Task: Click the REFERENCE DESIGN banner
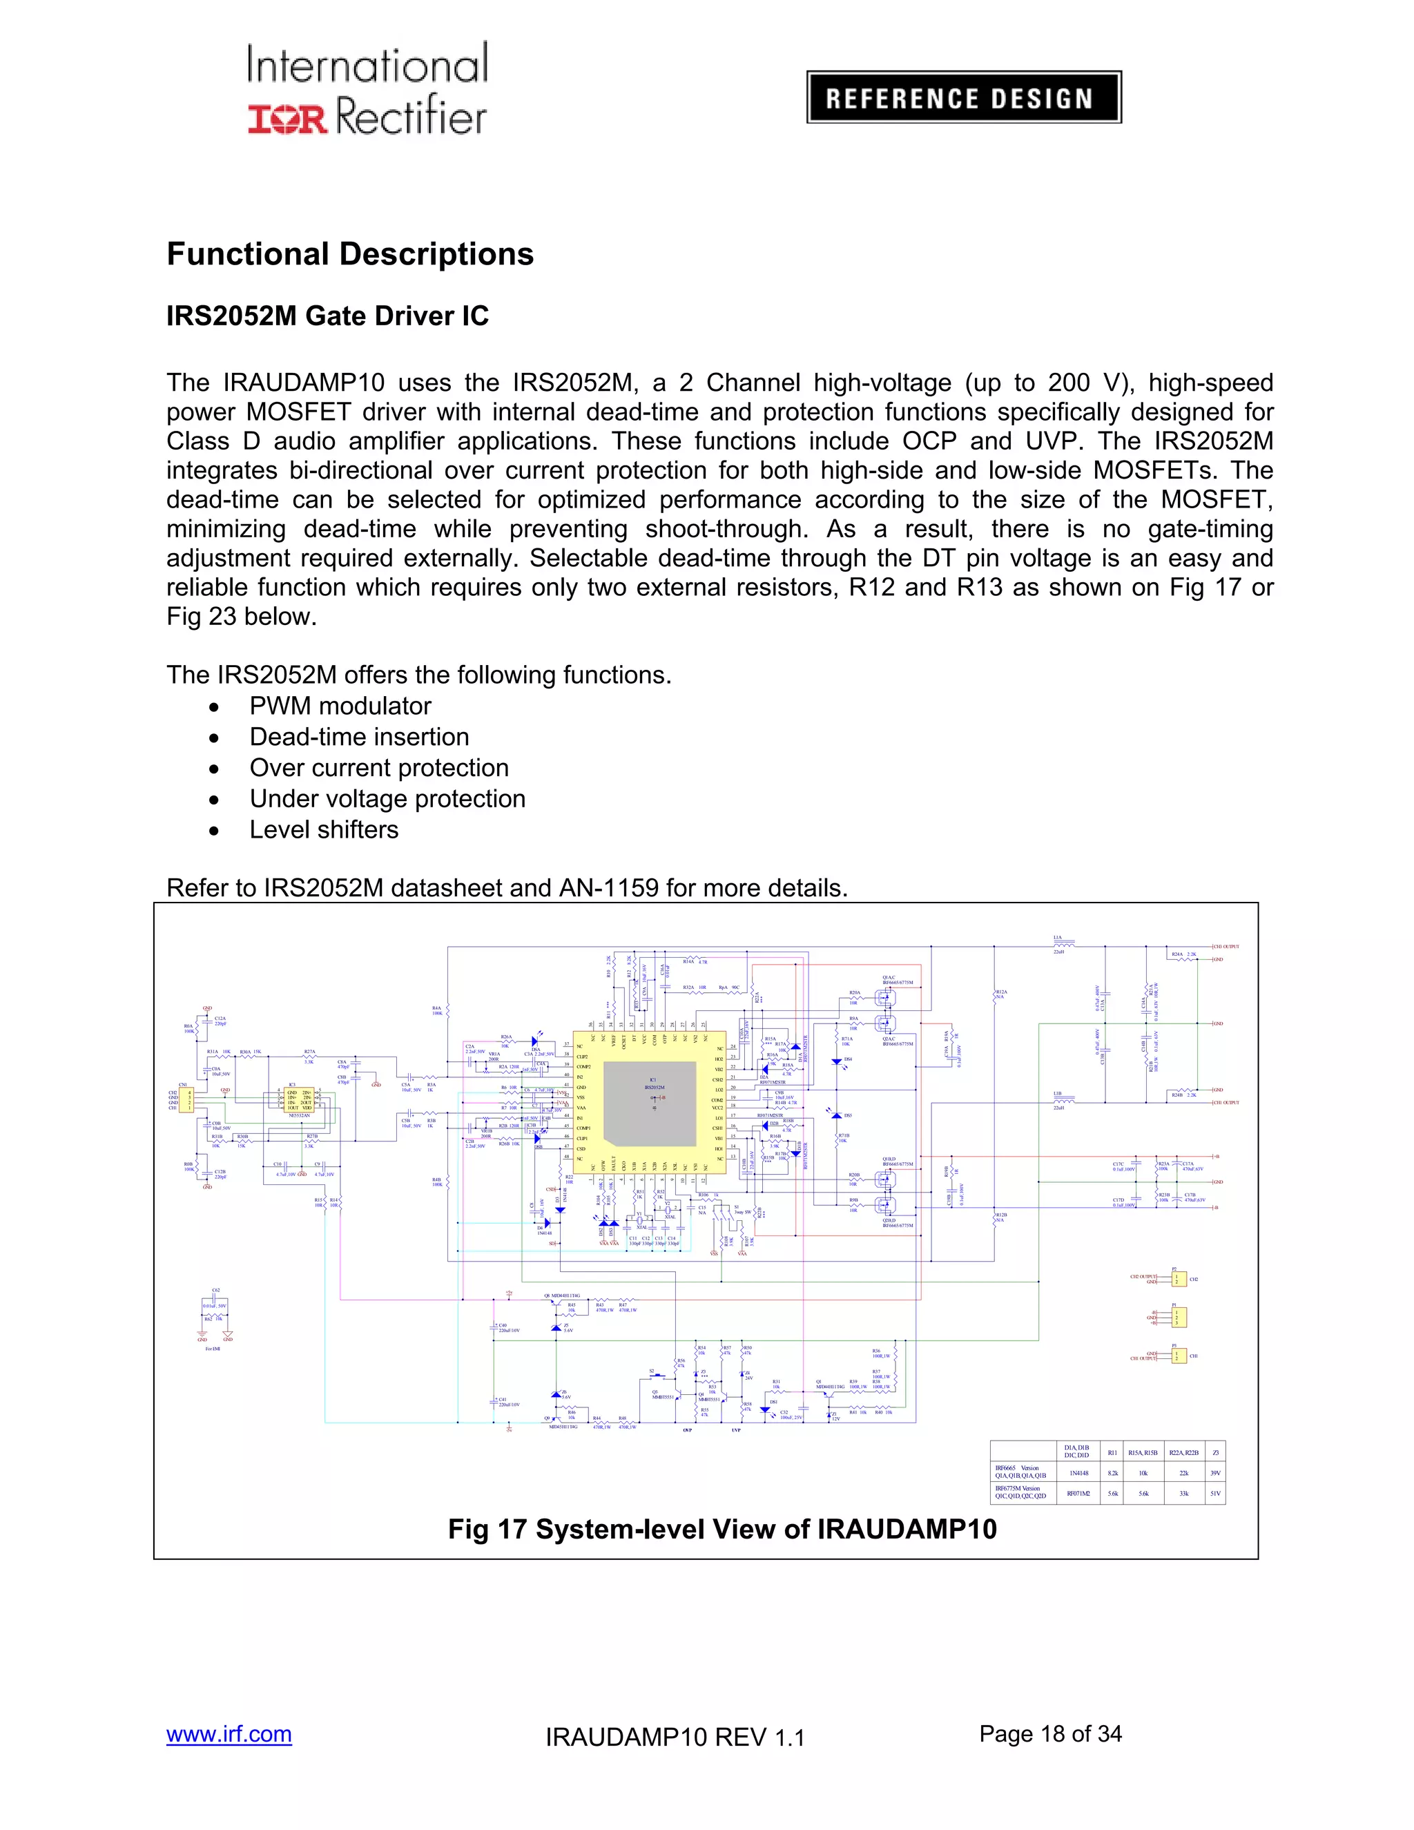[963, 97]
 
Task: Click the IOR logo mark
[287, 118]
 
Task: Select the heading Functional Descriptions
[350, 254]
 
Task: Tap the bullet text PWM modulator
[340, 706]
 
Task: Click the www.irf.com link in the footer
[229, 1733]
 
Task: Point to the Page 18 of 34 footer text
[1049, 1733]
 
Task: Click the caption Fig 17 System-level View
[722, 1528]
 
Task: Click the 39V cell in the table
[1214, 1473]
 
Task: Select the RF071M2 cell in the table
[1078, 1493]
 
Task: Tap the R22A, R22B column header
[1183, 1452]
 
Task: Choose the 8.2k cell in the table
[1112, 1473]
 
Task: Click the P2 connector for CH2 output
[1179, 1280]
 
